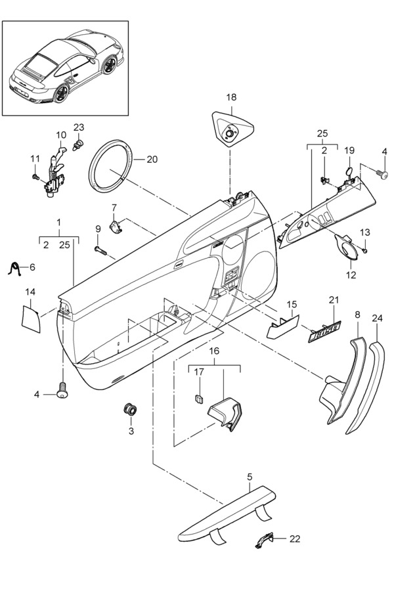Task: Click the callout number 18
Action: point(231,97)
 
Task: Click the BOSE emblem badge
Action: point(324,332)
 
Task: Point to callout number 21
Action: point(334,300)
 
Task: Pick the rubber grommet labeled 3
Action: point(130,409)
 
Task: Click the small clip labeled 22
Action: point(264,541)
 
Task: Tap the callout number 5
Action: point(250,477)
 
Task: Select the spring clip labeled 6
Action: point(14,268)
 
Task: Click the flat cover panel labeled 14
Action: point(30,319)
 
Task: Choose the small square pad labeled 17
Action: point(200,398)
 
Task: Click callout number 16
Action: point(214,351)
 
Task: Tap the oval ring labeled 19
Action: point(349,172)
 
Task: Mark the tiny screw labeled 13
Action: point(364,250)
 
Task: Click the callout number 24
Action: point(377,318)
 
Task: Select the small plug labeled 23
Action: point(78,144)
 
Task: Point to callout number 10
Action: point(61,135)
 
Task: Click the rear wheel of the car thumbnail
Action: point(61,94)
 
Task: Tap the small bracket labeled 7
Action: point(116,227)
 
